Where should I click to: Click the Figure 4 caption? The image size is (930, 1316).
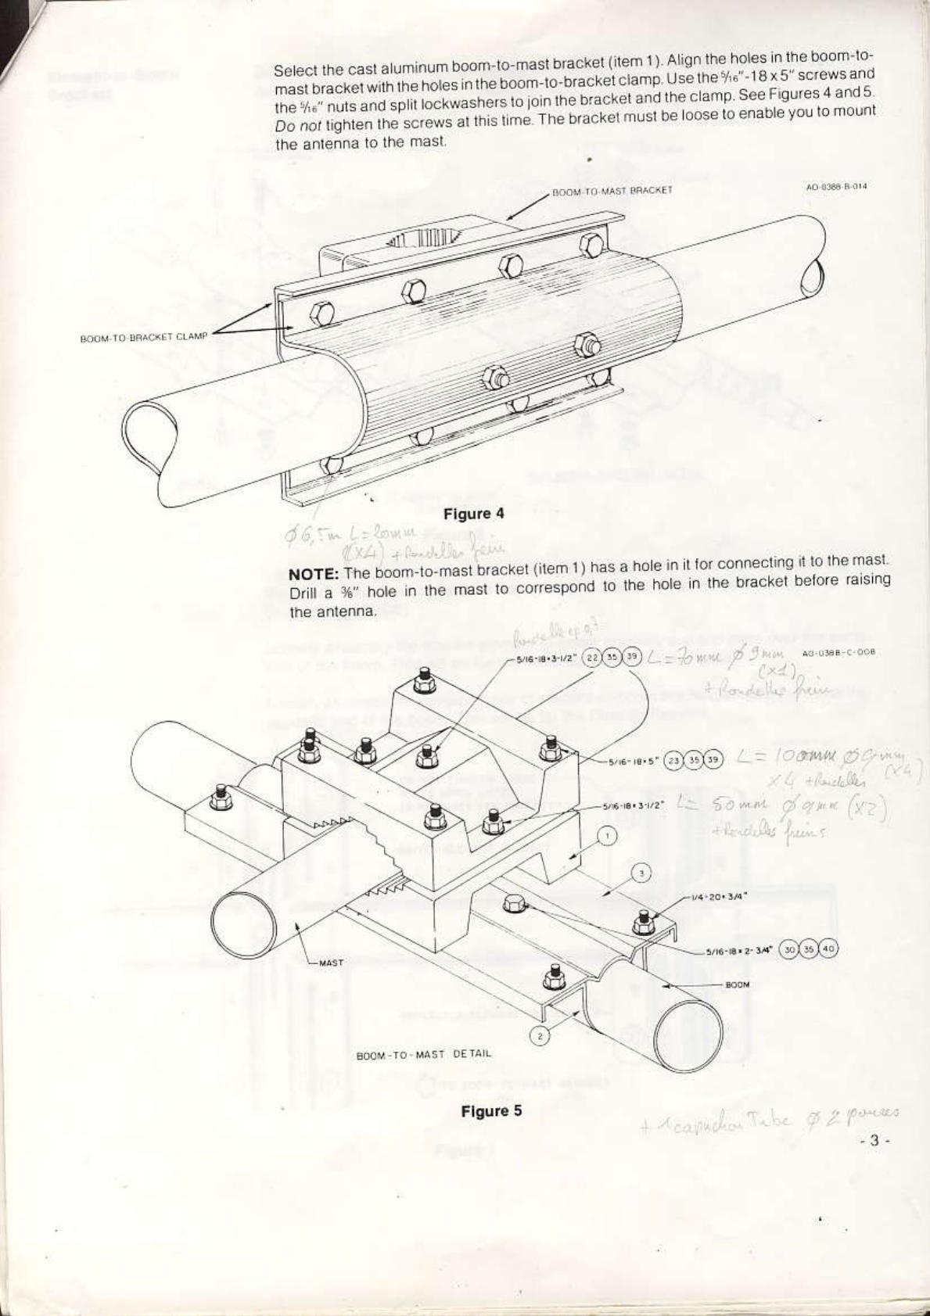point(474,514)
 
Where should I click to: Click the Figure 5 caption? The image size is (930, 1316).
point(491,1111)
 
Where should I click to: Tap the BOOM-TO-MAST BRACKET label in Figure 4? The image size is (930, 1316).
point(612,190)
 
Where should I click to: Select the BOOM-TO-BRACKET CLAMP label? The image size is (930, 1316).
point(143,337)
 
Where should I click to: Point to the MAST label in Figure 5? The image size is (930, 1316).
point(332,963)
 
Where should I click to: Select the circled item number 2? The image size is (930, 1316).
point(539,1036)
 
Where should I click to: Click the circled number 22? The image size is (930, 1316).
point(593,658)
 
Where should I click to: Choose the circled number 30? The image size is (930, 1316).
point(791,949)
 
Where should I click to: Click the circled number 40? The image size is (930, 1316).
point(830,949)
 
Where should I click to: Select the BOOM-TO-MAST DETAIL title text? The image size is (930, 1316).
point(424,1054)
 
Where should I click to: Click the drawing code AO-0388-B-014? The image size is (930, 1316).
point(835,187)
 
